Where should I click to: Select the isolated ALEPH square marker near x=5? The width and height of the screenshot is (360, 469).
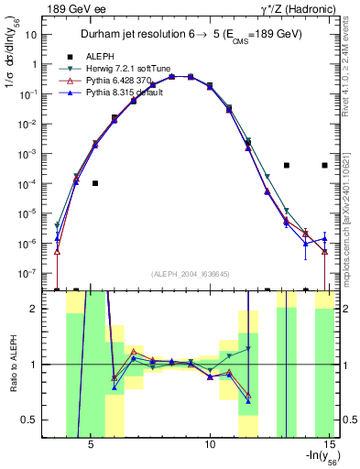(95, 183)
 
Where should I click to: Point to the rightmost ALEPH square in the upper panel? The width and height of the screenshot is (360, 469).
(325, 165)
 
